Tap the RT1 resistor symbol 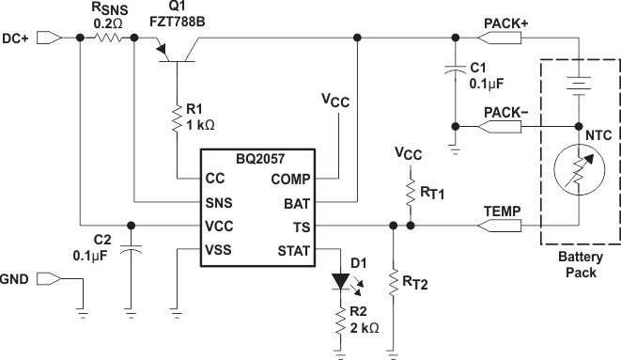pos(411,194)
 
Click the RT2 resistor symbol pos(392,281)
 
